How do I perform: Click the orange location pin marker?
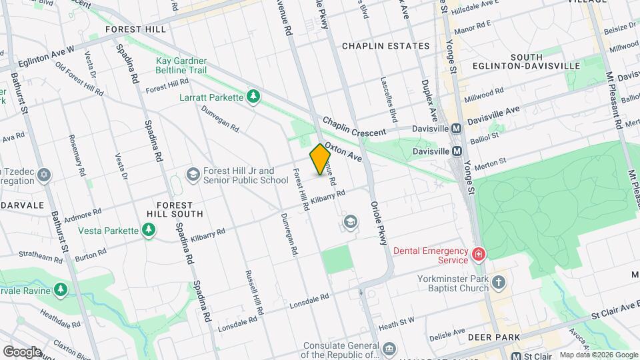[x=320, y=159]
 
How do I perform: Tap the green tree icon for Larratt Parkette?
[x=253, y=97]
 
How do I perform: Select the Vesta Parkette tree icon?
[x=149, y=231]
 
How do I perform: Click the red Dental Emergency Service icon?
[x=477, y=255]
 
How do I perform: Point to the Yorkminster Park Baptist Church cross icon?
[x=498, y=283]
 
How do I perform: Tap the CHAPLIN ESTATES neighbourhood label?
[x=385, y=46]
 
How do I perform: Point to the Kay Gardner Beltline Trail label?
[x=181, y=65]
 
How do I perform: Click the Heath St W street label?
[x=396, y=322]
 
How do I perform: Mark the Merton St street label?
[x=493, y=161]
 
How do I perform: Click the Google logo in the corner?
[x=22, y=351]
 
